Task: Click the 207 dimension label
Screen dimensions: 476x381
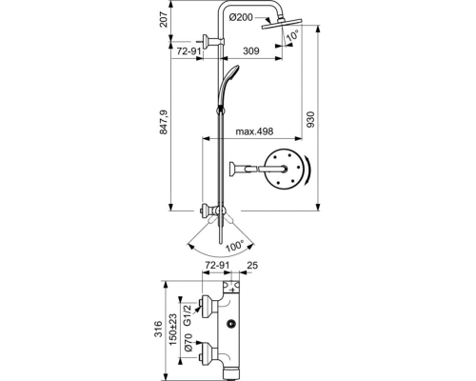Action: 164,20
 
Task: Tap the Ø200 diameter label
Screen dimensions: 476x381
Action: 241,17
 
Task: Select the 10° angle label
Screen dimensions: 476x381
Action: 292,34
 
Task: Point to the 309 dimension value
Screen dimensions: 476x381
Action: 251,50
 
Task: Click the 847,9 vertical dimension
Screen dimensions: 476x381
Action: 164,122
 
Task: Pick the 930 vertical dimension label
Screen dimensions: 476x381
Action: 310,119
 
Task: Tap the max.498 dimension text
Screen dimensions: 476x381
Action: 254,131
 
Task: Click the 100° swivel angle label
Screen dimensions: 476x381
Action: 235,246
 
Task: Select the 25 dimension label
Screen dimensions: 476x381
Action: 252,265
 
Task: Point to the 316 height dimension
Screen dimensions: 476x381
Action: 158,329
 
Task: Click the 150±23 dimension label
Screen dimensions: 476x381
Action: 172,330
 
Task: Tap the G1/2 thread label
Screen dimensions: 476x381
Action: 188,315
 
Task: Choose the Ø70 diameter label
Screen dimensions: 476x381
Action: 188,343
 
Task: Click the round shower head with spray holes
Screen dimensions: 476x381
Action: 282,170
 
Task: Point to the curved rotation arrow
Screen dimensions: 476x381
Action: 307,170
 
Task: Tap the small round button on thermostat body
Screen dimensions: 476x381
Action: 232,324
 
